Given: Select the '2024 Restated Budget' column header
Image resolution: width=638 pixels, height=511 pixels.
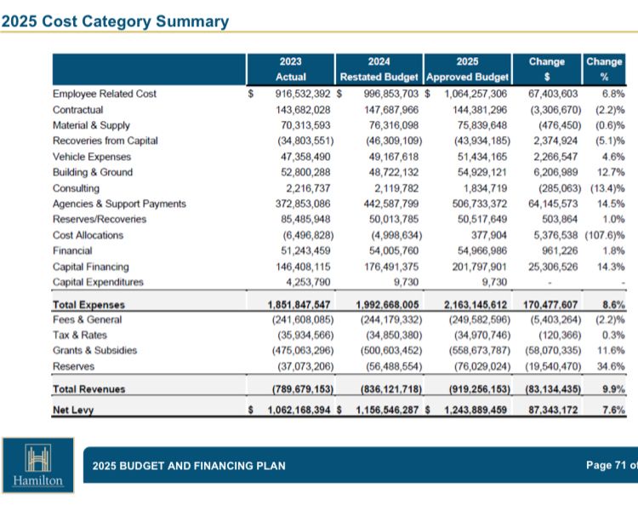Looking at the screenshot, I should (x=379, y=69).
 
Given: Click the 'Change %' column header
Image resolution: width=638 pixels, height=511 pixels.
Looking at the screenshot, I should (x=604, y=69).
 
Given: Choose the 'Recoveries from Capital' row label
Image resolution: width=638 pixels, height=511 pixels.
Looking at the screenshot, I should (x=105, y=141).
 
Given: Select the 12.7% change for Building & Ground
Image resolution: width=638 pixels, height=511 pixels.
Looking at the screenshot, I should (x=610, y=172).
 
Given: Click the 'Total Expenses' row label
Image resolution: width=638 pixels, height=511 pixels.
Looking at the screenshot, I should (x=88, y=304).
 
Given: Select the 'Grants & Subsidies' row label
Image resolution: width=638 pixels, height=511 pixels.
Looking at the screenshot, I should (x=94, y=350).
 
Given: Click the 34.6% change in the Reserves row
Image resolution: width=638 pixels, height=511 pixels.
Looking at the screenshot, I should (x=610, y=366).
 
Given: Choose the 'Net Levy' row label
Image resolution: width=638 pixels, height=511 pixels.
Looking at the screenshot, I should (x=73, y=410).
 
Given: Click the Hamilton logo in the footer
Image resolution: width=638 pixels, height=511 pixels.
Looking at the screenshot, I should (x=37, y=465).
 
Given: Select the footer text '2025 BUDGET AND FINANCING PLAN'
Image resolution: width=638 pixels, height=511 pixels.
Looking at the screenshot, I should (x=189, y=466).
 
